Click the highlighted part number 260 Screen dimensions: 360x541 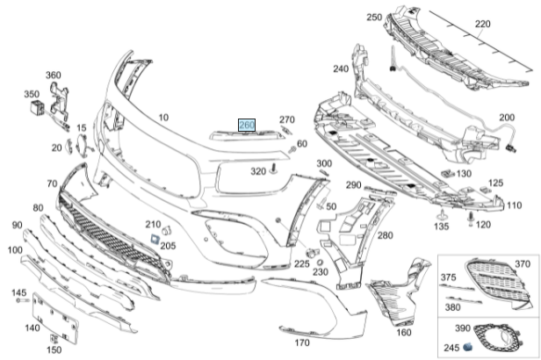(247, 126)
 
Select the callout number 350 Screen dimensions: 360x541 (32, 93)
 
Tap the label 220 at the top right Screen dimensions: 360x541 (483, 25)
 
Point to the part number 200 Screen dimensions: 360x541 (507, 117)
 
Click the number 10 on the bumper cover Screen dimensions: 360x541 (163, 117)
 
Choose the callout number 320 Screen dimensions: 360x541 (257, 171)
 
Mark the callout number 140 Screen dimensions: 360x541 (32, 328)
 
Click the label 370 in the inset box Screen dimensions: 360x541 (523, 263)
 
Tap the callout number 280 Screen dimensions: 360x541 (385, 234)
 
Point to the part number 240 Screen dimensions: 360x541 (341, 68)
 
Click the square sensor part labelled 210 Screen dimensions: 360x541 (151, 237)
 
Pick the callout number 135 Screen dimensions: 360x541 (443, 225)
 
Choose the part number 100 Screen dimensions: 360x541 (14, 251)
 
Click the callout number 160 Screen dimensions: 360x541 (403, 332)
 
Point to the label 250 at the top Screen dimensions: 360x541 (374, 18)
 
